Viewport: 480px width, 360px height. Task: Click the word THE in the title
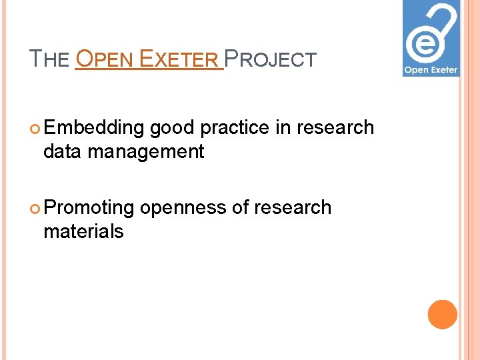coord(50,59)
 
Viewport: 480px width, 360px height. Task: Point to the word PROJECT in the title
coord(271,59)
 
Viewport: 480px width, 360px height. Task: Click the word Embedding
coord(94,128)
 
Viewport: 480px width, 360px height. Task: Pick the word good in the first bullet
coord(172,128)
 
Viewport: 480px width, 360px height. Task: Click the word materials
coord(83,232)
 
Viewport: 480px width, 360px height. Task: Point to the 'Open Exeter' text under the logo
coord(431,69)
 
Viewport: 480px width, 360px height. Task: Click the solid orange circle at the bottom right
coord(443,315)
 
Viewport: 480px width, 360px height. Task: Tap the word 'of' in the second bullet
coord(239,208)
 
